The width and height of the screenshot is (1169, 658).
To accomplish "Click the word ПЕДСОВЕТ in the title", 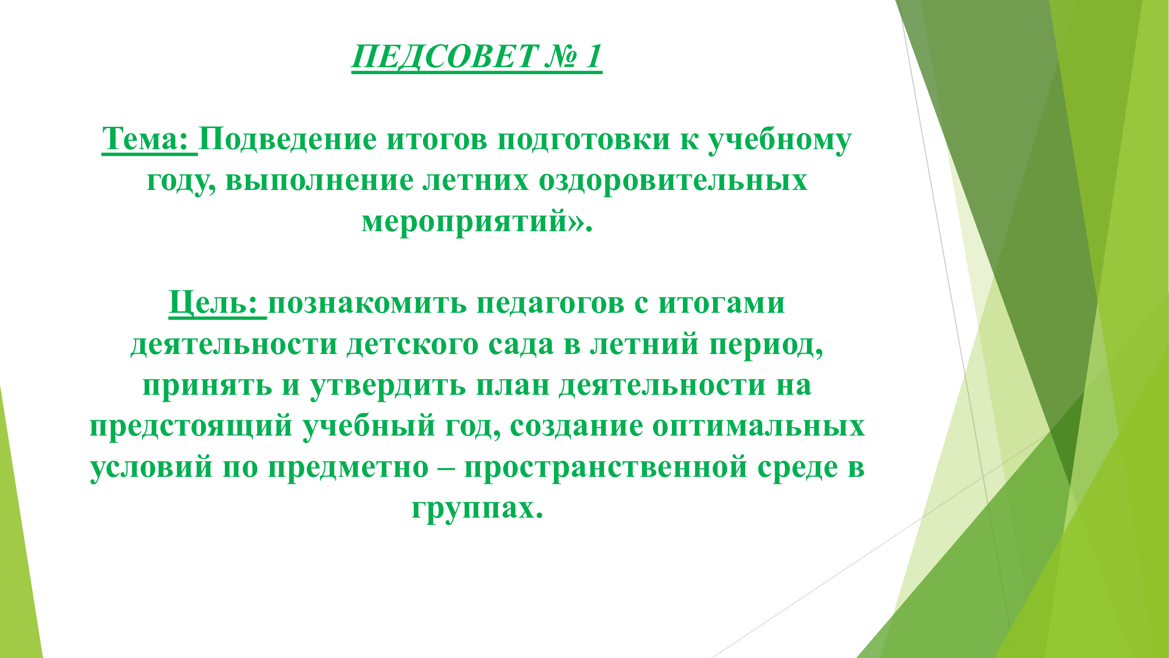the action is pyautogui.click(x=444, y=57).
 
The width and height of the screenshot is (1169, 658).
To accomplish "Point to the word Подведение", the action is pyautogui.click(x=288, y=140).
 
